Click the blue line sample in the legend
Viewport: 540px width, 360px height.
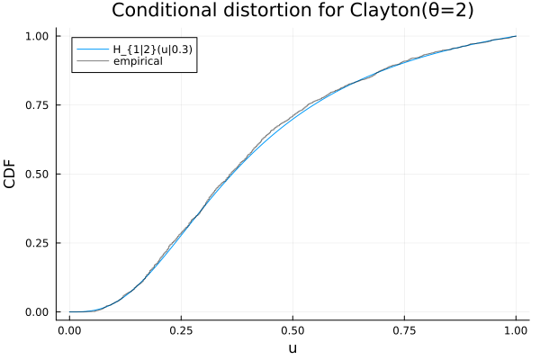[89, 49]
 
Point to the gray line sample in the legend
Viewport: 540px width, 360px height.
[89, 61]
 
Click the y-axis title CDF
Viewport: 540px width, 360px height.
[12, 174]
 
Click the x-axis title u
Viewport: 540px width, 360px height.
[292, 347]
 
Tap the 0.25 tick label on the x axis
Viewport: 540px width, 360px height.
[181, 329]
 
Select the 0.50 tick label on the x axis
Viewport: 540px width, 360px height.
[292, 329]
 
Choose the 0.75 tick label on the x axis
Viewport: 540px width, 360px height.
[404, 329]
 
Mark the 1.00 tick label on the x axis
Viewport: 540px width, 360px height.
[516, 329]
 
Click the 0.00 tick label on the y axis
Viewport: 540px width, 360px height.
[39, 312]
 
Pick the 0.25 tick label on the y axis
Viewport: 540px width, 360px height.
[39, 243]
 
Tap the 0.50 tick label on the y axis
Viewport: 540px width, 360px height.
[39, 174]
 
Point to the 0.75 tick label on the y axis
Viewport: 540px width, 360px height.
[39, 105]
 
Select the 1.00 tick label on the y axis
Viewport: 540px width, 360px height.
[39, 36]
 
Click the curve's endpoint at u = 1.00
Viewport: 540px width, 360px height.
[516, 36]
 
